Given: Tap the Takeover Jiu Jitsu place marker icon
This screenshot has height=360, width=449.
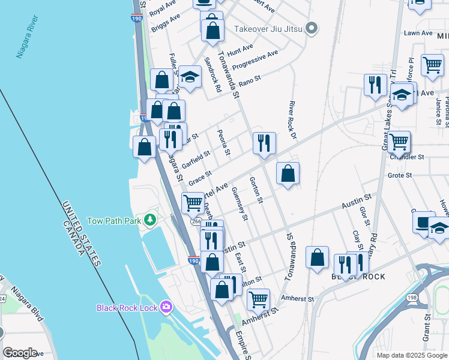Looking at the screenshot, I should (x=311, y=28).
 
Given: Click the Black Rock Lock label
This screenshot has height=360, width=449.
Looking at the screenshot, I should (x=127, y=308).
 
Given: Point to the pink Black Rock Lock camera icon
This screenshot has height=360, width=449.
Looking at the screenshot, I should (x=166, y=307).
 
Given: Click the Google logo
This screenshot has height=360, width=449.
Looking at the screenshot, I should (x=20, y=353).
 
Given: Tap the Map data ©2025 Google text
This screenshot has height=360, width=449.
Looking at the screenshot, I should (x=411, y=355).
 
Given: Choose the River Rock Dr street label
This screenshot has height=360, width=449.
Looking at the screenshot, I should (x=294, y=123).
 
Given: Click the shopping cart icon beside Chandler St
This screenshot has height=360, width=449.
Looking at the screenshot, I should (x=399, y=142).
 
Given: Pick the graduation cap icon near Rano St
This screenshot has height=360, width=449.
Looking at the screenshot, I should (x=190, y=77).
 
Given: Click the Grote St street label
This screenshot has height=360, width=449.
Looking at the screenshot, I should (x=399, y=175).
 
